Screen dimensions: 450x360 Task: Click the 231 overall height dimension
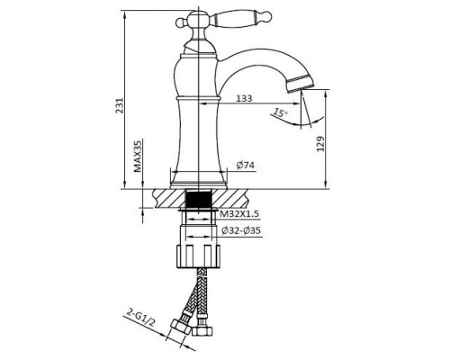click(x=120, y=105)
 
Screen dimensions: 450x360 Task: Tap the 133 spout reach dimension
click(x=244, y=98)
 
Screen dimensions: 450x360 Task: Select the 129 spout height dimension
click(x=320, y=144)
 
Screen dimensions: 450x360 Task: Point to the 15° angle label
click(x=280, y=112)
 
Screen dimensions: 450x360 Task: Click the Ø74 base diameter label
click(x=245, y=165)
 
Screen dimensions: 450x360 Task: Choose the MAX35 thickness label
click(x=138, y=156)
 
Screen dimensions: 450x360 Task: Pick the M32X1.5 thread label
click(x=239, y=214)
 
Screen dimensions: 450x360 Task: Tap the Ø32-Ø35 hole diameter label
click(x=241, y=230)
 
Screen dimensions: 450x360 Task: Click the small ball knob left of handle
click(x=180, y=22)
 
